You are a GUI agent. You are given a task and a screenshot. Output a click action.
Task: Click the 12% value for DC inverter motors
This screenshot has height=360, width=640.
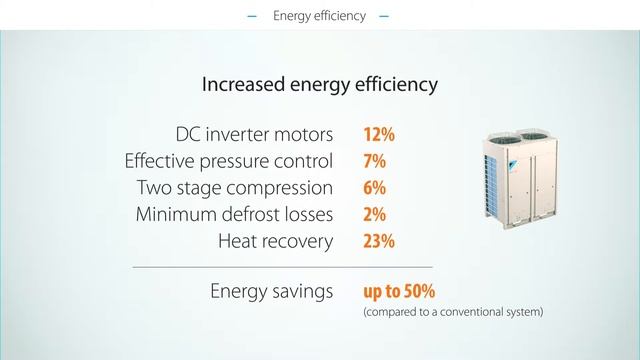click(379, 134)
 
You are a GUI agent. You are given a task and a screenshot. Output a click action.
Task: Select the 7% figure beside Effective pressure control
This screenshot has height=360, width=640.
click(374, 161)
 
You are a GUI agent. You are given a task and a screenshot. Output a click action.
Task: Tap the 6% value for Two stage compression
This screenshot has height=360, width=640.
click(374, 188)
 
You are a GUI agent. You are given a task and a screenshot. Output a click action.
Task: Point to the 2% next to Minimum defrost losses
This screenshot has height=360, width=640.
click(374, 214)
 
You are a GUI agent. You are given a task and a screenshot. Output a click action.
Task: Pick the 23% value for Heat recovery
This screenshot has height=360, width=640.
click(379, 241)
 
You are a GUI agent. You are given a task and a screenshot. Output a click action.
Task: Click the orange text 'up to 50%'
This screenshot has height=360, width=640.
click(399, 291)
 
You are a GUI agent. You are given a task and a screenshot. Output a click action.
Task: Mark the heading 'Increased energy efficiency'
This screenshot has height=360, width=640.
click(320, 84)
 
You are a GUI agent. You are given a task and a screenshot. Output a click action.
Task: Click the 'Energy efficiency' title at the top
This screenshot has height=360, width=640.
click(319, 16)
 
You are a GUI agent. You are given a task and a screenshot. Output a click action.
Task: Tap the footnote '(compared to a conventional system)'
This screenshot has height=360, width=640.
click(453, 312)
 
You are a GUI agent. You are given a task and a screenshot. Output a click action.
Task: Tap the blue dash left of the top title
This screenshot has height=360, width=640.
click(252, 17)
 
